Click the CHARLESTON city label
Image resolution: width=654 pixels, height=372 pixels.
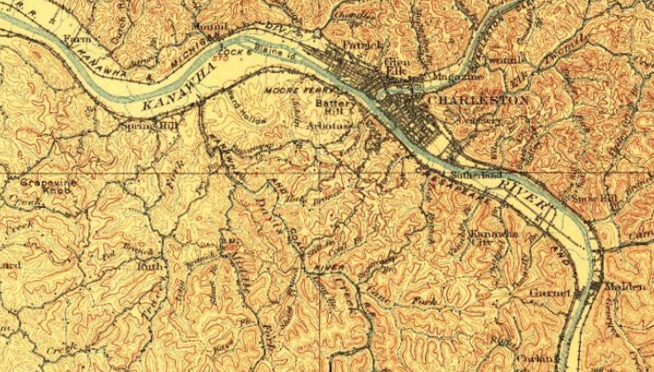(477, 101)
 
